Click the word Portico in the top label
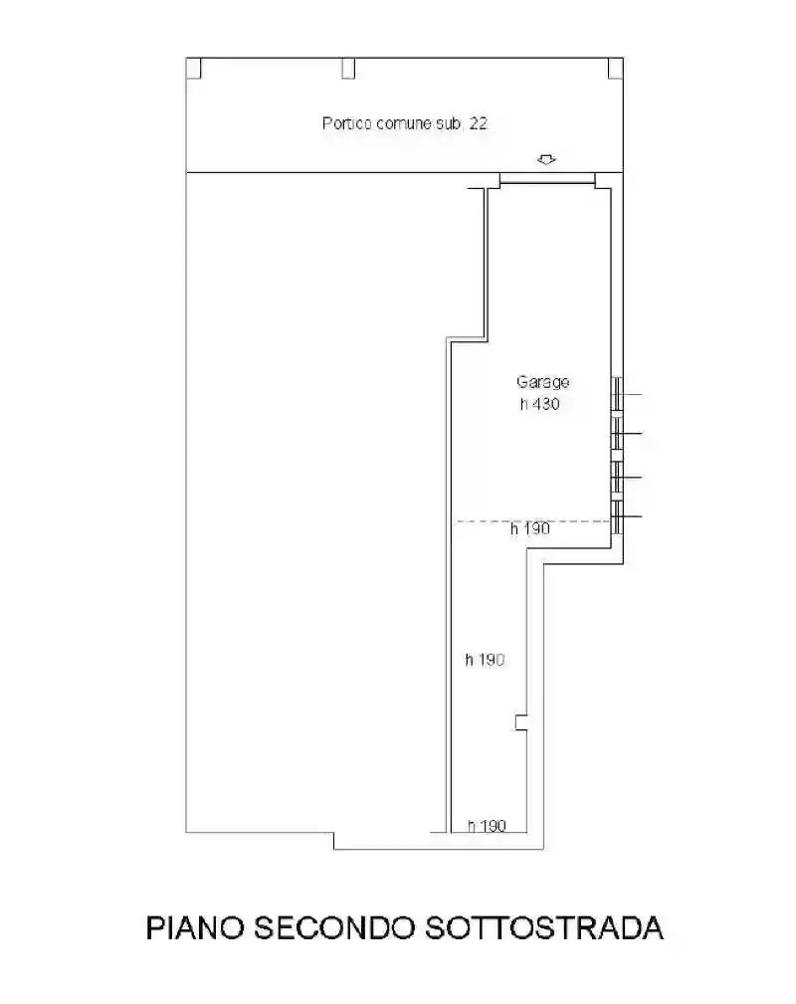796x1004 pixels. [347, 123]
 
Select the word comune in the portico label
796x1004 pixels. [404, 123]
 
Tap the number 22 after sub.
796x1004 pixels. [478, 123]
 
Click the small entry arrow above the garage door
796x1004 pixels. [546, 159]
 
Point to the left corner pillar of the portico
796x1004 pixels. [193, 68]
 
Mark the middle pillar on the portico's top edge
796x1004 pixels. [347, 68]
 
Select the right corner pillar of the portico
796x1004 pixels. [616, 68]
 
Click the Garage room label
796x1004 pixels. [543, 382]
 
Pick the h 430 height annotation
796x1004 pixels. [540, 404]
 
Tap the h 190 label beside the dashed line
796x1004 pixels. [530, 529]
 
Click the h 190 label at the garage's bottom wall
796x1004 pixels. [487, 826]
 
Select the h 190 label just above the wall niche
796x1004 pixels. [485, 660]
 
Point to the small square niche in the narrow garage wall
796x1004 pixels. [521, 723]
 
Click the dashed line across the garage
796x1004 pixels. [532, 521]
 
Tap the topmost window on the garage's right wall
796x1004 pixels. [617, 394]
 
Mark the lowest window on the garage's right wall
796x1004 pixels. [617, 517]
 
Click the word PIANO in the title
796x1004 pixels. [195, 927]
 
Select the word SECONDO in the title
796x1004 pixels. [333, 927]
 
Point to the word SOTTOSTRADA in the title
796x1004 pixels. [543, 927]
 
